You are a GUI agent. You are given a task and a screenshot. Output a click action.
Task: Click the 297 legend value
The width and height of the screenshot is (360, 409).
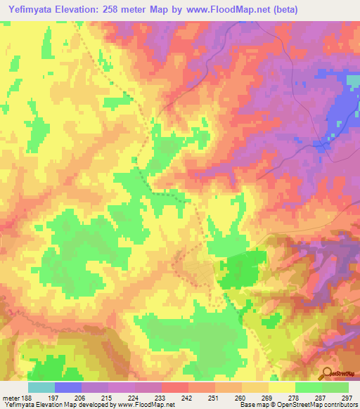point(346,398)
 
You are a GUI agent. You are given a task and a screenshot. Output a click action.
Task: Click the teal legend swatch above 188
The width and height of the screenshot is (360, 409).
point(41,387)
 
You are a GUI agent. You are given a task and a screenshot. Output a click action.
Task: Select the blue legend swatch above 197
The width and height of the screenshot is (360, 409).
point(68,387)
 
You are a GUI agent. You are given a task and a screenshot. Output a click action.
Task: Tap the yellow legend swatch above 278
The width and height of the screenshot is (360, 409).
point(282,387)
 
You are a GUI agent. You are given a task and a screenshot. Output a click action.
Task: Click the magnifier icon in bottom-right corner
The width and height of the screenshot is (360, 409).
point(328,374)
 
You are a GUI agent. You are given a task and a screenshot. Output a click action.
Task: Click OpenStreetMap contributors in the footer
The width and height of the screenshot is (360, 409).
point(309,405)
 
